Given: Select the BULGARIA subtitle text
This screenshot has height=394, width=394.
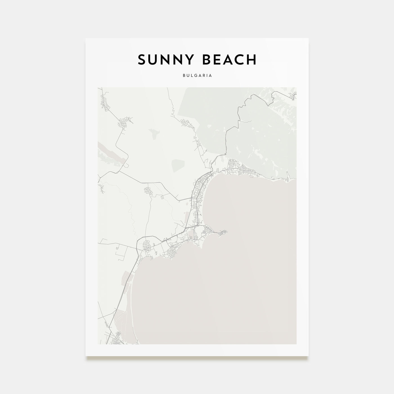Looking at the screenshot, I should coord(197,75).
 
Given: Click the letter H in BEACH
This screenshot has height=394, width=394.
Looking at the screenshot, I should coord(251,60).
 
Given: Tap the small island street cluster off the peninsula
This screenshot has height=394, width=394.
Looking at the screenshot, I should coord(223,232).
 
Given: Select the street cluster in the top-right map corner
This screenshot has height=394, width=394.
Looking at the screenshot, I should coord(293,95).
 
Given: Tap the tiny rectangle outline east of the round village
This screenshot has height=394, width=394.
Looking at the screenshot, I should coord(162,197).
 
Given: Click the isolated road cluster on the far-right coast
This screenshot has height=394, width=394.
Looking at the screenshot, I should coord(287,177).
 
